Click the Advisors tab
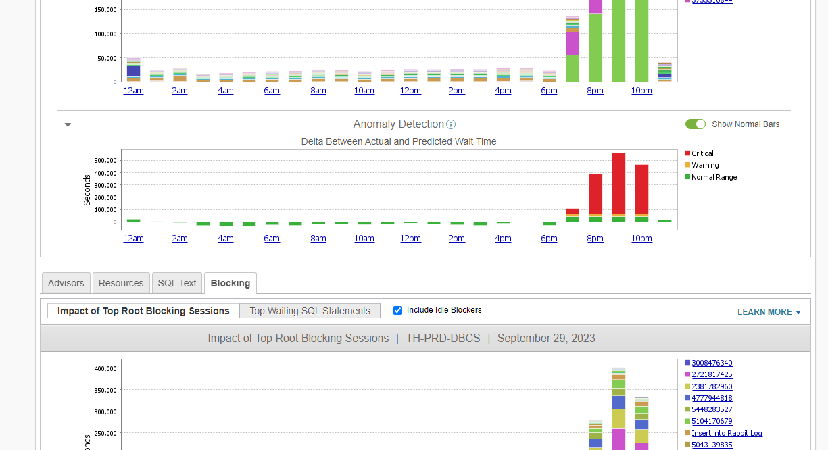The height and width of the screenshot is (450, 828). (66, 283)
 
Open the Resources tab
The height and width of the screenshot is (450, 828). (121, 283)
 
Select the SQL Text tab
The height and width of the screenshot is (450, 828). (177, 283)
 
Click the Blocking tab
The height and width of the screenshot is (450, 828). (230, 283)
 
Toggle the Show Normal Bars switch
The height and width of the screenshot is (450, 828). (695, 124)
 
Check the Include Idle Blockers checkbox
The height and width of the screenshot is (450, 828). (398, 310)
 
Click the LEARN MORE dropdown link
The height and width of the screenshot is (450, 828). (769, 312)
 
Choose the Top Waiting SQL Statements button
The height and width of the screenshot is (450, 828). (310, 311)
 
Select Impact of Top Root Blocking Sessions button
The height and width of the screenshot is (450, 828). (143, 311)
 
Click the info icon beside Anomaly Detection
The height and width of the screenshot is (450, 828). (451, 124)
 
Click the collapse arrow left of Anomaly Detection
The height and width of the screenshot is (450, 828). (68, 124)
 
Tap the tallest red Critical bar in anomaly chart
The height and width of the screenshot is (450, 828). (618, 182)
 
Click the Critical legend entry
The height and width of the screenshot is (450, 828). (702, 153)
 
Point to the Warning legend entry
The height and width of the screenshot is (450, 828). (705, 165)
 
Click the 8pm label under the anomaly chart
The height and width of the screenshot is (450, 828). (595, 239)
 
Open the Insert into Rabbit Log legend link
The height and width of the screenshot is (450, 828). (727, 433)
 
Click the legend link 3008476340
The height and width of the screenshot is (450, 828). (712, 363)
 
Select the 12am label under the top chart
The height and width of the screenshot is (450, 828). (133, 91)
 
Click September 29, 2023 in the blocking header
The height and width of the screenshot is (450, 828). (546, 338)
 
